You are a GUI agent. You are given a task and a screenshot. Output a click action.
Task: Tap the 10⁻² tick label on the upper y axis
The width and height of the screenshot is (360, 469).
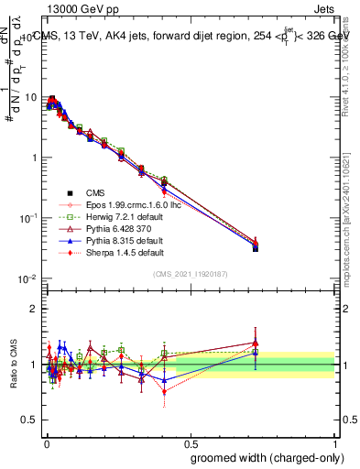tap(27, 278)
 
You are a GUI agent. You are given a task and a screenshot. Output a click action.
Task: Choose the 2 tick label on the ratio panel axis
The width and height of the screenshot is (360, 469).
tap(34, 309)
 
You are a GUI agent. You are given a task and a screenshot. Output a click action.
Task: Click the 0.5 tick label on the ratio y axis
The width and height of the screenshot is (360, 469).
tap(29, 420)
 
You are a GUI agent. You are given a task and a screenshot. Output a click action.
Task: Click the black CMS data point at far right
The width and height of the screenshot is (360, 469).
tap(256, 248)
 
